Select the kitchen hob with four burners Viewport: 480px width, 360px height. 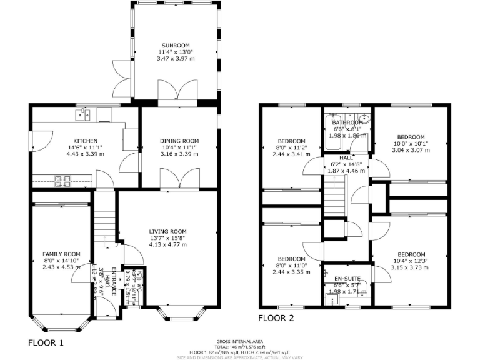pyautogui.click(x=63, y=181)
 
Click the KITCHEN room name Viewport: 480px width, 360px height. pyautogui.click(x=84, y=141)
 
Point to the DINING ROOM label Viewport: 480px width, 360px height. pyautogui.click(x=179, y=141)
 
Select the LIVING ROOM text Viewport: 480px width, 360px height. pyautogui.click(x=167, y=231)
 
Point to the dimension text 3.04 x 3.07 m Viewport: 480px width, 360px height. pyautogui.click(x=411, y=150)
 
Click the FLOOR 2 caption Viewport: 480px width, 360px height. pyautogui.click(x=276, y=317)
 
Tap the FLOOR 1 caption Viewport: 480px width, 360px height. pyautogui.click(x=46, y=342)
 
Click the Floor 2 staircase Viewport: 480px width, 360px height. pyautogui.click(x=334, y=194)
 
